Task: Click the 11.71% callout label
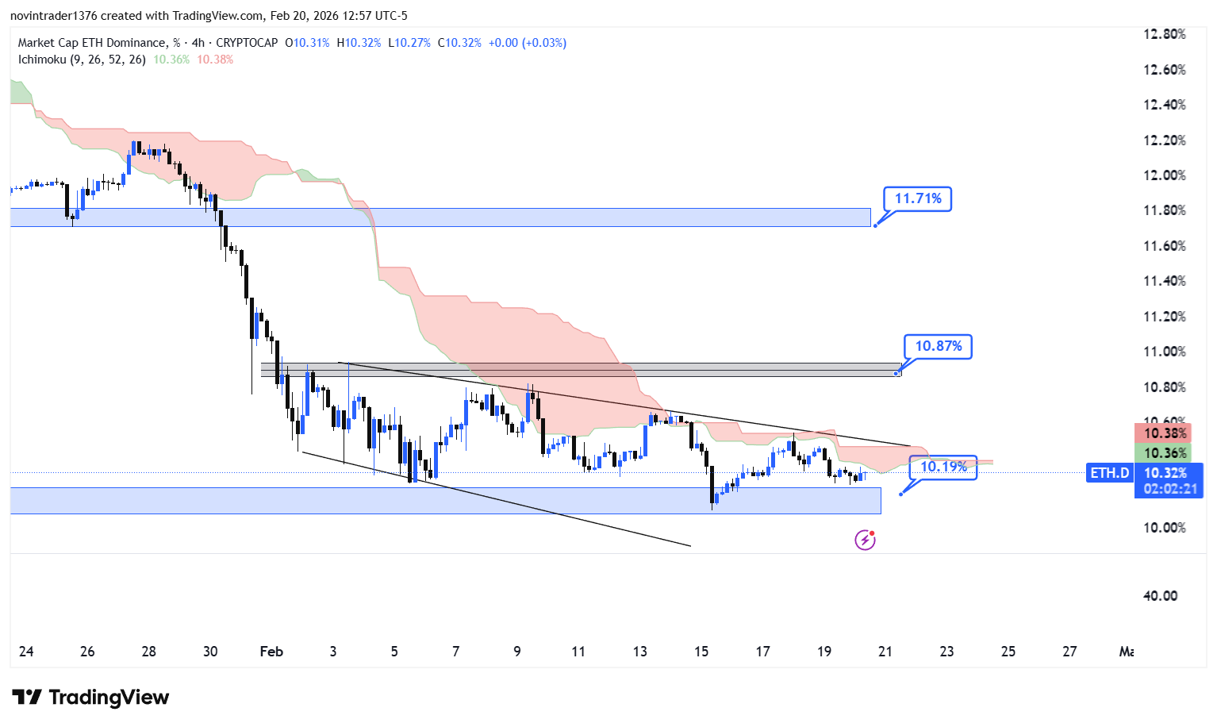pyautogui.click(x=918, y=199)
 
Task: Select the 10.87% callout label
pyautogui.click(x=938, y=346)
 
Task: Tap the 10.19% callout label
pyautogui.click(x=943, y=467)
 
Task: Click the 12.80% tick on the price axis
pyautogui.click(x=1164, y=34)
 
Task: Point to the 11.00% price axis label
pyautogui.click(x=1164, y=352)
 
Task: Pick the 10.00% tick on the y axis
pyautogui.click(x=1164, y=528)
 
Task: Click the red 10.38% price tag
pyautogui.click(x=1164, y=433)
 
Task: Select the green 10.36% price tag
pyautogui.click(x=1164, y=453)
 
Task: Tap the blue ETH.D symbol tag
pyautogui.click(x=1109, y=473)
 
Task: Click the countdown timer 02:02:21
pyautogui.click(x=1169, y=489)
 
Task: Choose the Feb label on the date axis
pyautogui.click(x=271, y=652)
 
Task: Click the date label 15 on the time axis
pyautogui.click(x=701, y=652)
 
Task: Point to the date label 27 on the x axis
pyautogui.click(x=1069, y=652)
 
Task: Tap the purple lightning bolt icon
pyautogui.click(x=865, y=540)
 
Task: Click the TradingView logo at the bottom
pyautogui.click(x=91, y=698)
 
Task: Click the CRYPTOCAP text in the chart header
pyautogui.click(x=247, y=43)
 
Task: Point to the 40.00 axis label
pyautogui.click(x=1160, y=596)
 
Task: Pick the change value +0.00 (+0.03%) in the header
pyautogui.click(x=527, y=43)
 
